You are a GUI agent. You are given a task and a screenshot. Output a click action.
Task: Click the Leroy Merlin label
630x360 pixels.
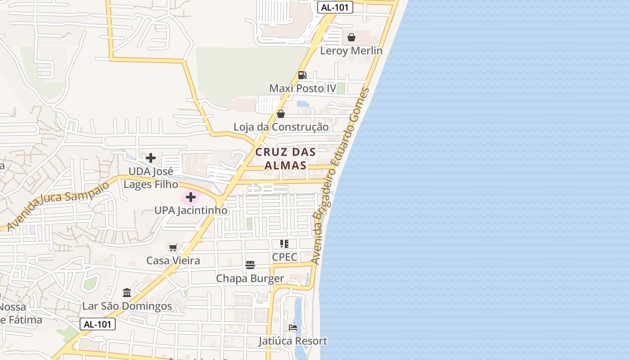(351, 51)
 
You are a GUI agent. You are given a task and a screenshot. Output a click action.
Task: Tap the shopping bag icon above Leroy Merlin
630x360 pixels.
(351, 37)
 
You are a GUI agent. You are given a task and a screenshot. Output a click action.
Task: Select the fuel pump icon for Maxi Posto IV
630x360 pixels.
(302, 75)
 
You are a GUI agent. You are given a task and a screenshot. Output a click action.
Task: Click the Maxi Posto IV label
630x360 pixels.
(302, 88)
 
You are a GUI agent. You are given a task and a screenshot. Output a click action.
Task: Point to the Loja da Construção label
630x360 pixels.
(281, 127)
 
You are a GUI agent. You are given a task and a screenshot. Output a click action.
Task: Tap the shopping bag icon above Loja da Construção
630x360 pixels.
(281, 114)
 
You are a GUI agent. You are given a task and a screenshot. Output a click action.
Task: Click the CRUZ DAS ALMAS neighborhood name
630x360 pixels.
(285, 159)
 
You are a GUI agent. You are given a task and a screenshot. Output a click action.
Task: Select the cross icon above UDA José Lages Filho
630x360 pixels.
(151, 158)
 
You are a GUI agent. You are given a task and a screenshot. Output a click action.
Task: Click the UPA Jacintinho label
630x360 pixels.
(191, 211)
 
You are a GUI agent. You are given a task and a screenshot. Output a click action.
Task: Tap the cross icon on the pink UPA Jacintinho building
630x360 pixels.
(191, 197)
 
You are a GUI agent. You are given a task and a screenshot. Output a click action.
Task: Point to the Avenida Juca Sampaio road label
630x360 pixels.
(58, 206)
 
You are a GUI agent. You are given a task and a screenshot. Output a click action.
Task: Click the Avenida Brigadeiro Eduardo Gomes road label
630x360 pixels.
(340, 175)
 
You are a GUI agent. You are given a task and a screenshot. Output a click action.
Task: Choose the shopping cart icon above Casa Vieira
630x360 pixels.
(173, 247)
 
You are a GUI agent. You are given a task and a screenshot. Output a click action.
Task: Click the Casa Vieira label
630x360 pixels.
(173, 261)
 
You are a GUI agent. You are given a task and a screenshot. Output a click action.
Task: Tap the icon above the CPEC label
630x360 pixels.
(284, 244)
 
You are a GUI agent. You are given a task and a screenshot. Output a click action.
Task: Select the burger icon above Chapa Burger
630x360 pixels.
(250, 265)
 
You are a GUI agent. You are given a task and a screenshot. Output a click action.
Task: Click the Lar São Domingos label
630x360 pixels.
(127, 306)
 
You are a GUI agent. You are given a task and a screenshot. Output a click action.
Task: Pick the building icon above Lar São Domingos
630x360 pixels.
(127, 293)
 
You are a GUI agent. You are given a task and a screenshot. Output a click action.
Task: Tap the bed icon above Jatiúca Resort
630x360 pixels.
(293, 328)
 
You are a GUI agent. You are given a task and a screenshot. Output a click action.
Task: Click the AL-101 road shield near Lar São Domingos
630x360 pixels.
(98, 324)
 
